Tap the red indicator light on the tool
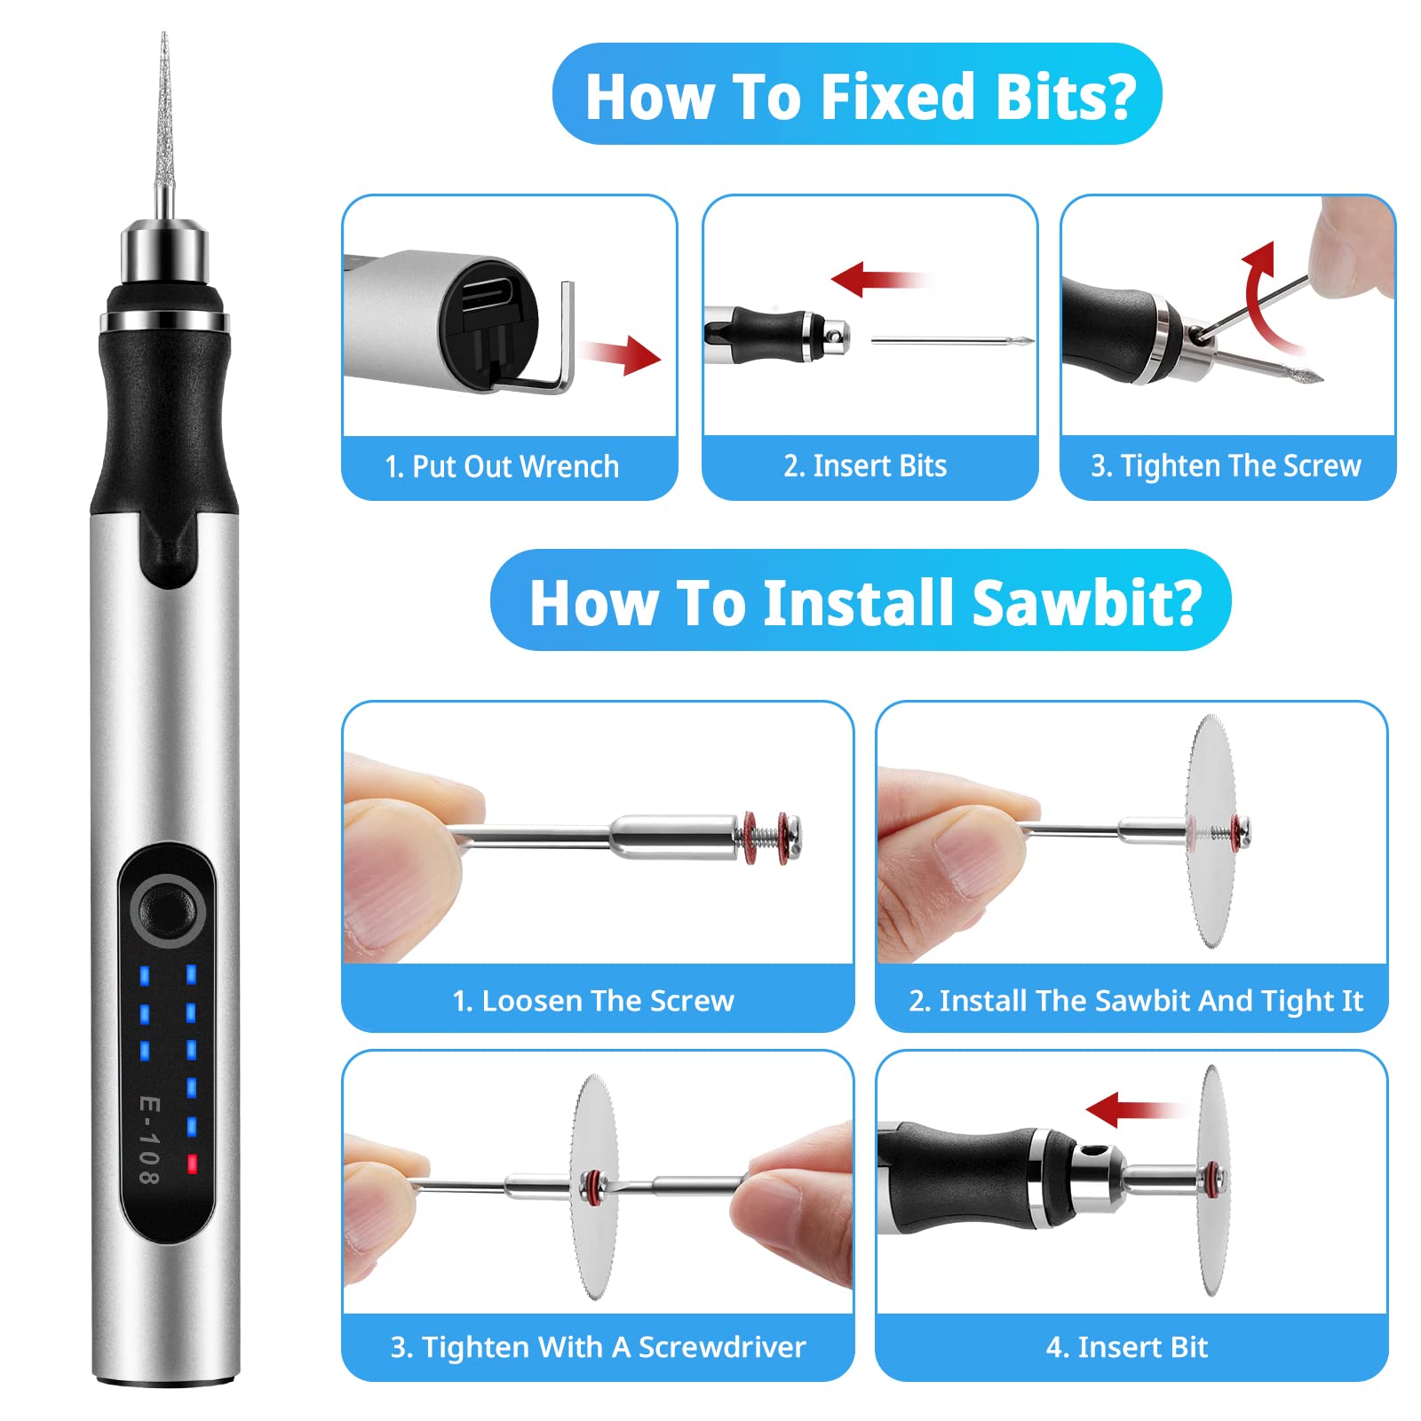tap(191, 1163)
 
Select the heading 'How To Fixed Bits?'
tap(860, 96)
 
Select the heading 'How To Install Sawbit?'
tap(865, 602)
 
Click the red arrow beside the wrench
tap(622, 354)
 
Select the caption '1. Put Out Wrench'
tap(502, 466)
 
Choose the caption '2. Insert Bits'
tap(865, 466)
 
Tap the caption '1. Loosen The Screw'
tap(593, 1001)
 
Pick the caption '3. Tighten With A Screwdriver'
tap(598, 1347)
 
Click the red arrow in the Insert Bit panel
tap(1133, 1109)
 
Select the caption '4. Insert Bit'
tap(1127, 1347)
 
